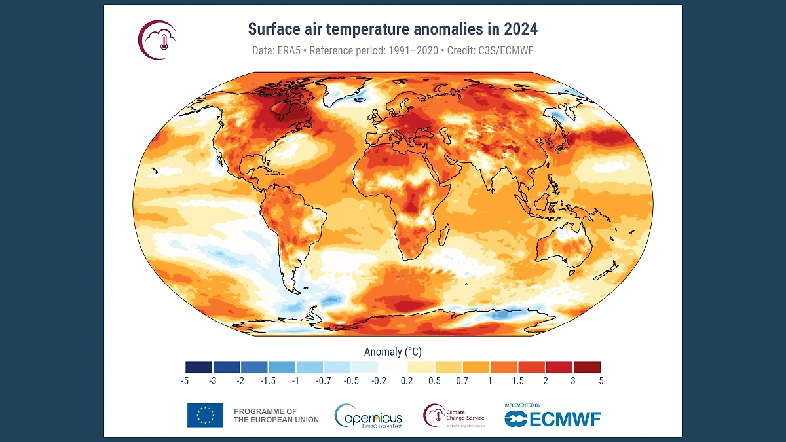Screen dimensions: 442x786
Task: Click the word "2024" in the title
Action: coord(521,29)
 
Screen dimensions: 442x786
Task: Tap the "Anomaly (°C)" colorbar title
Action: coord(392,352)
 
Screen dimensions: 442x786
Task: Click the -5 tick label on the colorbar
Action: coord(186,380)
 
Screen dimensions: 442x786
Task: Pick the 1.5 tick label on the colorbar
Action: coord(517,380)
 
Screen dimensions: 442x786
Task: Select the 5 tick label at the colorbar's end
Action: coord(600,380)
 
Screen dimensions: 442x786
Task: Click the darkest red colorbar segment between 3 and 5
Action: coord(586,367)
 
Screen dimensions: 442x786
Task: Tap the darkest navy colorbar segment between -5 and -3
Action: coord(199,367)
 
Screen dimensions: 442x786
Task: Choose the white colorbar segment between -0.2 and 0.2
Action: coord(393,367)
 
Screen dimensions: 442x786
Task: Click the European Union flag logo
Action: coord(205,415)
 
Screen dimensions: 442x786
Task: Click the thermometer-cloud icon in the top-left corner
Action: coord(158,39)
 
